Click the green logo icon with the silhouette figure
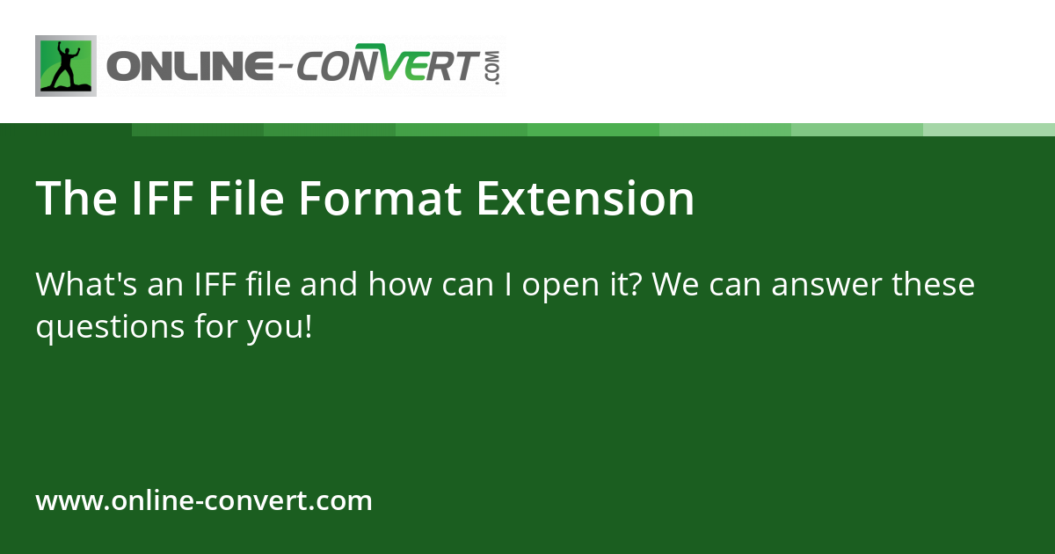[x=66, y=66]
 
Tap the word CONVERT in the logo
[x=387, y=68]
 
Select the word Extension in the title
[x=586, y=199]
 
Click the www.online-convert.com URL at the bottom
[x=204, y=501]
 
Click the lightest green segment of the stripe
[x=989, y=129]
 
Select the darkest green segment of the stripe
[x=198, y=129]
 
